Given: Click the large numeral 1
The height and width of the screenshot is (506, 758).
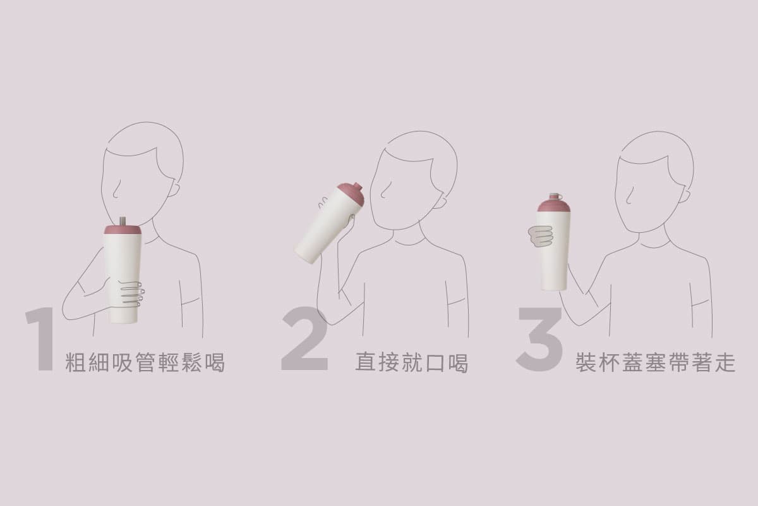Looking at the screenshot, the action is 41,339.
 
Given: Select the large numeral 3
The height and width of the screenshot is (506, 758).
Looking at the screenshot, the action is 539,339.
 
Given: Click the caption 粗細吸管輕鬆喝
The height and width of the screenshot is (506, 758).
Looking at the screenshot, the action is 145,362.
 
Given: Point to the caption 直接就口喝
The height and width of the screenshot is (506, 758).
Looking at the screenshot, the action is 411,362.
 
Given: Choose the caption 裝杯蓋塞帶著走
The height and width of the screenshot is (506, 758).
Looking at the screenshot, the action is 656,362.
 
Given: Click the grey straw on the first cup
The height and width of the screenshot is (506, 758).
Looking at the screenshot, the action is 123,221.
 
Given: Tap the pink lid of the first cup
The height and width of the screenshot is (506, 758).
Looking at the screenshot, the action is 123,230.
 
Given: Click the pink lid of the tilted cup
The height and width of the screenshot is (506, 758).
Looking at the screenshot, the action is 352,193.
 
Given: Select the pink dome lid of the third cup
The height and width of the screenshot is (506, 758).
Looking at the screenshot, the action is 553,206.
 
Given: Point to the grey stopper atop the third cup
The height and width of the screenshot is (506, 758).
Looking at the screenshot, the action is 555,196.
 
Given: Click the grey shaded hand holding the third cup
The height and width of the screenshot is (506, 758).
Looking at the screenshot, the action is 541,237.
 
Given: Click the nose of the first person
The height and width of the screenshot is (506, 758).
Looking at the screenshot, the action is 116,190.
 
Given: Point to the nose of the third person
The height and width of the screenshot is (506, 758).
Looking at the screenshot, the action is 628,197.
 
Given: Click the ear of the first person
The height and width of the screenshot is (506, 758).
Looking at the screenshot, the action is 174,189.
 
